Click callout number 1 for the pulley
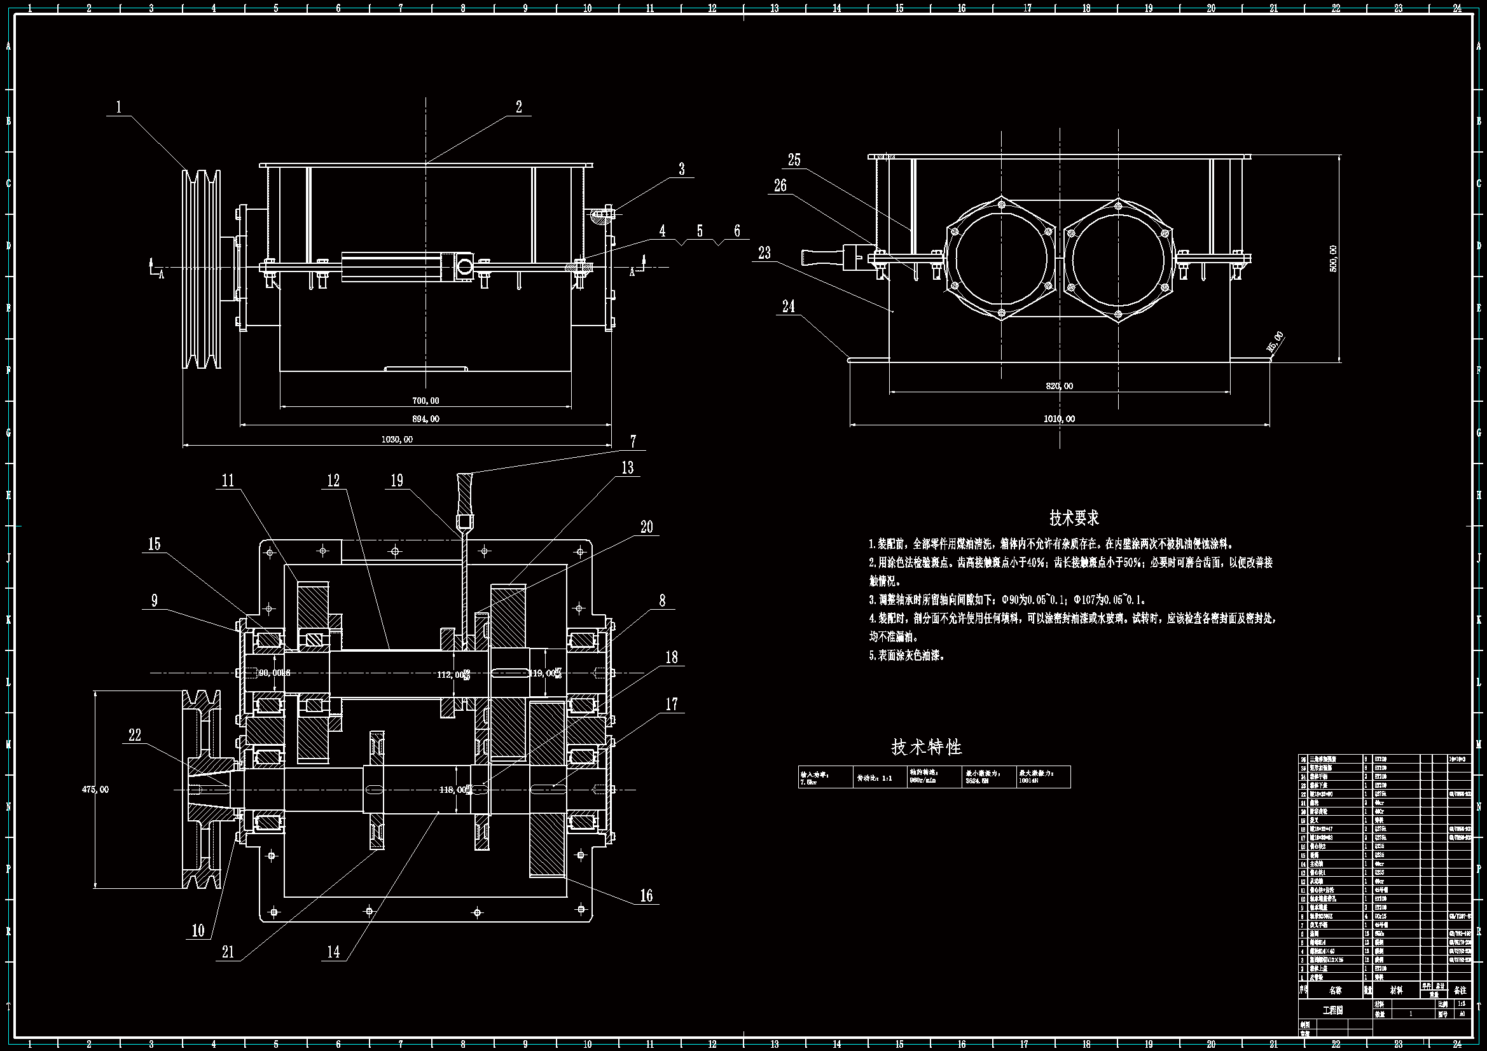[x=118, y=107]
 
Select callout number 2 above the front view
[x=519, y=107]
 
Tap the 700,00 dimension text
[x=425, y=401]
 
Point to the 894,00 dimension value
[x=425, y=419]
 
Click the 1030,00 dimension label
[x=397, y=439]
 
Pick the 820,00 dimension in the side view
[x=1060, y=386]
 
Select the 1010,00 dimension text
[x=1059, y=419]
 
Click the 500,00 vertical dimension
[x=1333, y=258]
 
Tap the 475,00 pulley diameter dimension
[x=95, y=790]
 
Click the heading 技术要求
[x=1074, y=518]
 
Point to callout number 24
[x=788, y=306]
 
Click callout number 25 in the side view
[x=794, y=160]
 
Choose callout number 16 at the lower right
[x=646, y=896]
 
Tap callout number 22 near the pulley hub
[x=135, y=735]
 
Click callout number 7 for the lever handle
[x=633, y=442]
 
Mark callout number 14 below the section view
[x=333, y=951]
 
